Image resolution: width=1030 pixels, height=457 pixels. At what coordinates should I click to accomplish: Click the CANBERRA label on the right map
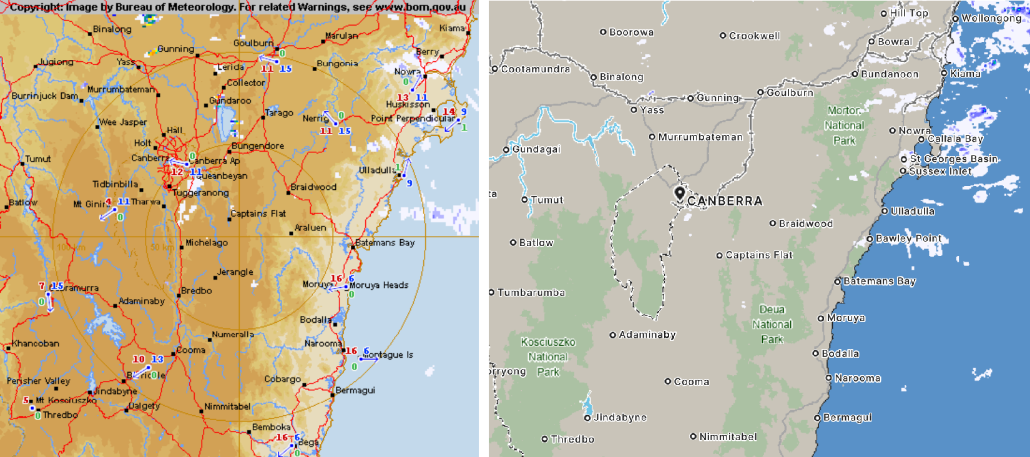tap(725, 201)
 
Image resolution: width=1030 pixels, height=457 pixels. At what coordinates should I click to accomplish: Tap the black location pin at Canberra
tap(680, 193)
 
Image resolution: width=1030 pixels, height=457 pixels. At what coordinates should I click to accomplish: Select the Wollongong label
tap(991, 18)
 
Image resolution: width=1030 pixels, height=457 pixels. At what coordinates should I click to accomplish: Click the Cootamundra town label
tap(535, 69)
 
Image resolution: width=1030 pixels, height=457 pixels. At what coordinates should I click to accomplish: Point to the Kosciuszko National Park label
tap(548, 357)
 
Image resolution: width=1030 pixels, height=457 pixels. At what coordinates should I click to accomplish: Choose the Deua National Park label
tap(772, 325)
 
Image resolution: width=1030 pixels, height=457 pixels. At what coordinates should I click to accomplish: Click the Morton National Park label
tap(844, 125)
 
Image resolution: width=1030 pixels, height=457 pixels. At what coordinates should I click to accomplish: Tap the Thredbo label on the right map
tap(572, 440)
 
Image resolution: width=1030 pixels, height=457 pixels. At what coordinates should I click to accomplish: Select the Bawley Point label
tap(908, 238)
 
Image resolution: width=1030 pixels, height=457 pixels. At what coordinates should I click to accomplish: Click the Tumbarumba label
tap(531, 292)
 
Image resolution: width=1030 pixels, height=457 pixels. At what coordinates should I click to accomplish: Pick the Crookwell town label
tap(754, 36)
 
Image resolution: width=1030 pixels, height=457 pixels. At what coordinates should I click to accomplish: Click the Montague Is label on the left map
tap(388, 355)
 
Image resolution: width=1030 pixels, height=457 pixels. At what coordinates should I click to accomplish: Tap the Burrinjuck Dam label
tap(44, 96)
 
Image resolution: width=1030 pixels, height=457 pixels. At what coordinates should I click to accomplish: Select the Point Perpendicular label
tap(413, 118)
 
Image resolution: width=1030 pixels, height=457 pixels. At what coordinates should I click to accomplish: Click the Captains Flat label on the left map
tap(258, 214)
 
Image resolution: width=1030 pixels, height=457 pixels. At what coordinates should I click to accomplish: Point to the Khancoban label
tap(36, 343)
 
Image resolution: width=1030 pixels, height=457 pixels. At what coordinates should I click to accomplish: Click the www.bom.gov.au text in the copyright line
tap(420, 7)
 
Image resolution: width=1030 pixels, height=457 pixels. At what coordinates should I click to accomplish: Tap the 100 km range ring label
tap(71, 247)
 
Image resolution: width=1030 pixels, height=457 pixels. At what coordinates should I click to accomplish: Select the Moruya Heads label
tap(378, 285)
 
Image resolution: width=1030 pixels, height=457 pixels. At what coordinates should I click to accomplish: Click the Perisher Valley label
tap(38, 381)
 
